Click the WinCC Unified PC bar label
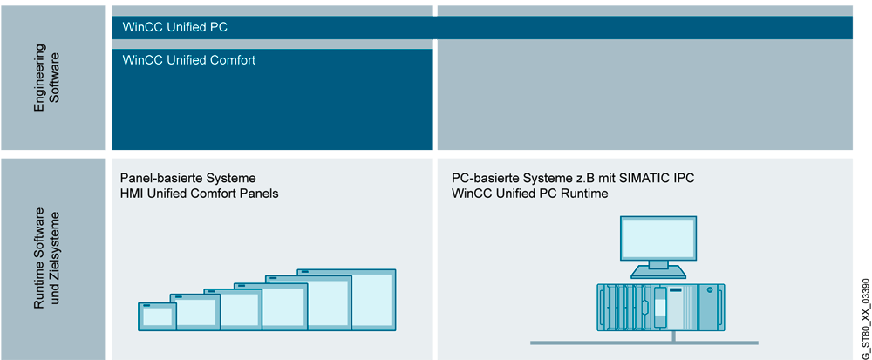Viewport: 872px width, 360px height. pyautogui.click(x=175, y=27)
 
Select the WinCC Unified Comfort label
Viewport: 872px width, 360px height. pyautogui.click(x=189, y=60)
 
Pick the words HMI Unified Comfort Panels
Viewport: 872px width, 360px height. pyautogui.click(x=199, y=194)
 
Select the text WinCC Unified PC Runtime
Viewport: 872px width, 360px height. pyautogui.click(x=529, y=194)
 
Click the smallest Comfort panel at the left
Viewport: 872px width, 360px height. pyautogui.click(x=157, y=316)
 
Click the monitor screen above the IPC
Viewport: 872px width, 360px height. pyautogui.click(x=657, y=236)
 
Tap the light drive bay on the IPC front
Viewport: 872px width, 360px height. pyautogui.click(x=659, y=304)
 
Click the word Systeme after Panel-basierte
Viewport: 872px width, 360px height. pyautogui.click(x=226, y=178)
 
